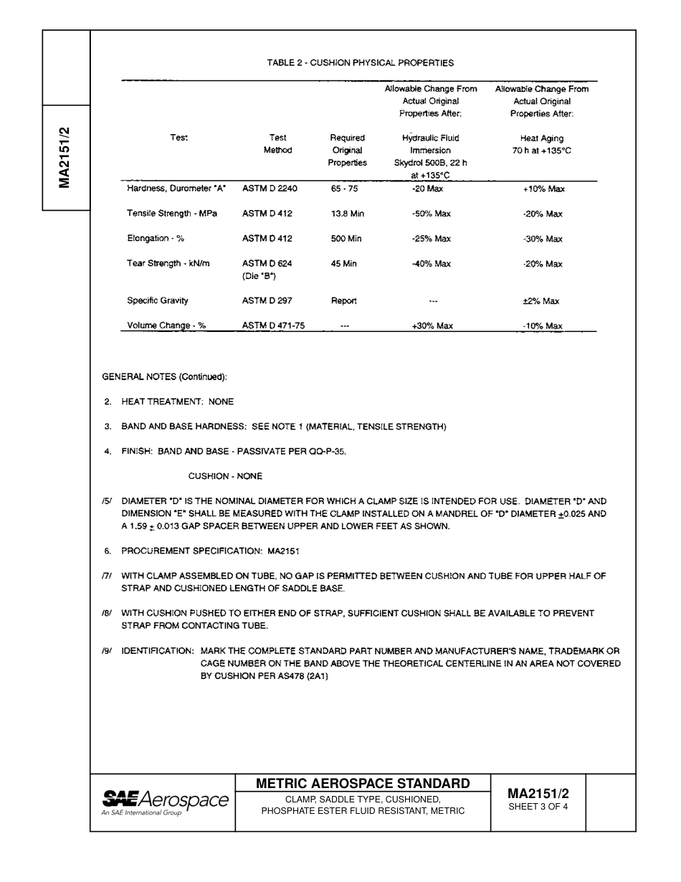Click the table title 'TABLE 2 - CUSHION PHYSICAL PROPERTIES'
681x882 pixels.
point(360,63)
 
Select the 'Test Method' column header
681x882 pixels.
point(277,144)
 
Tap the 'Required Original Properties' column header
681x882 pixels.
point(348,150)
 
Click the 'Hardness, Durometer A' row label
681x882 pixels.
point(176,189)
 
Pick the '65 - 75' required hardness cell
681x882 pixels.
point(344,189)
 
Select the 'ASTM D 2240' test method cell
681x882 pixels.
point(270,189)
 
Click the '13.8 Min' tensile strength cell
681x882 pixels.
point(347,214)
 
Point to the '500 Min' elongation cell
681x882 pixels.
point(346,239)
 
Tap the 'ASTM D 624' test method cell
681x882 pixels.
point(267,264)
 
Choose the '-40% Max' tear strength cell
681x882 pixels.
point(431,264)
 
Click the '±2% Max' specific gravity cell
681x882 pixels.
point(541,301)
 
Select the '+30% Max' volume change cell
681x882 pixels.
point(432,326)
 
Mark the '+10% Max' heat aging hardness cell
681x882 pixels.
point(543,189)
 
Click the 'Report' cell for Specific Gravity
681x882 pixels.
point(343,301)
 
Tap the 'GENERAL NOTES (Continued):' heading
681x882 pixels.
point(164,377)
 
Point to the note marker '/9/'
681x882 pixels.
point(108,651)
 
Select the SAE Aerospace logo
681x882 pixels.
point(165,802)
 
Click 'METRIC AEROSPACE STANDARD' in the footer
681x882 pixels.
point(363,783)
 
